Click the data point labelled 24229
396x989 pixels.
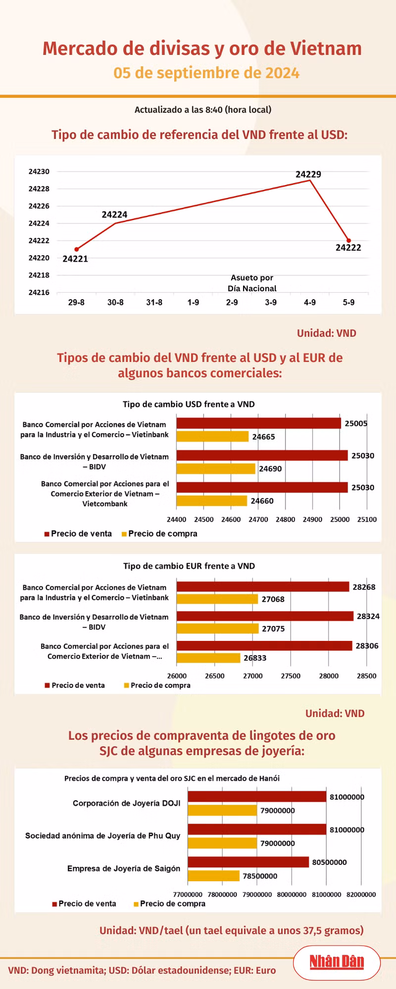pos(310,180)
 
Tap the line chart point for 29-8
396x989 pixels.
pos(76,249)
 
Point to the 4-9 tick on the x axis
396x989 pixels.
pos(310,302)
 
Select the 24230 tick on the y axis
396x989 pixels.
pos(39,172)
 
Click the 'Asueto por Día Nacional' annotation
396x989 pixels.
pos(252,283)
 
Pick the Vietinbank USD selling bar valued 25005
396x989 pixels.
pos(258,423)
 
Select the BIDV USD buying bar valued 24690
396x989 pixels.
pos(216,468)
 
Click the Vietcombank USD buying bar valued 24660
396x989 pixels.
pos(212,501)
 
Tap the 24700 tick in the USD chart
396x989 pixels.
pos(258,519)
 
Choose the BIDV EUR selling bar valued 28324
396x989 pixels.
pos(265,616)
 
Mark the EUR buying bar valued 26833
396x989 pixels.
pos(208,658)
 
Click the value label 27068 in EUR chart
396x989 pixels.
pos(273,599)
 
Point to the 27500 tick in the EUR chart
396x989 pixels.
pos(291,676)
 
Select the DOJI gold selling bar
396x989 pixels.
pos(257,797)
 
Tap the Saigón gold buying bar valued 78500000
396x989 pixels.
pos(213,876)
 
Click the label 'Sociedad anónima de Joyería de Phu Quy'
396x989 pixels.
pos(103,836)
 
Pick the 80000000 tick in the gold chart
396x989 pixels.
pos(292,894)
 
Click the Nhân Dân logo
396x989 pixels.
pos(337,962)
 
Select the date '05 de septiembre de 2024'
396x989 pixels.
pos(206,73)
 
